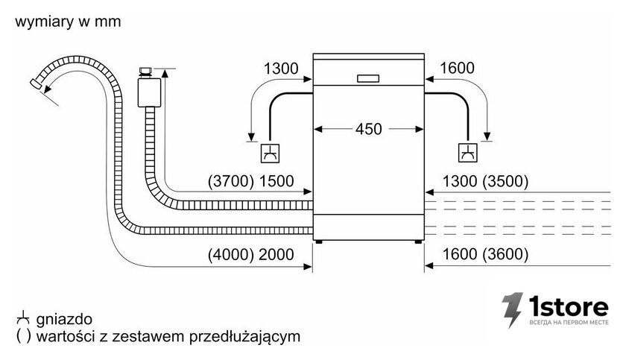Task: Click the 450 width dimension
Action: [x=368, y=129]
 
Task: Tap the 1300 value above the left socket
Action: [x=281, y=69]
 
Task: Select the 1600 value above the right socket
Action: [x=457, y=69]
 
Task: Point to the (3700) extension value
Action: [x=231, y=181]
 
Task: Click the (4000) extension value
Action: [x=231, y=254]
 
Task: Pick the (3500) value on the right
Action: [x=505, y=181]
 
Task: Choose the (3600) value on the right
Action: [x=505, y=254]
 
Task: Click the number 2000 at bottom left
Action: [x=276, y=254]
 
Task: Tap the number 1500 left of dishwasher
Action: [x=276, y=181]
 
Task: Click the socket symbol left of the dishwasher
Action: [x=270, y=154]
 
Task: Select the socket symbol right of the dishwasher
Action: [x=467, y=153]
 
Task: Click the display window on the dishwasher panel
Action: [x=368, y=78]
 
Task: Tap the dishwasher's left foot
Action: [x=318, y=241]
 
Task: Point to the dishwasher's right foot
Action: [x=417, y=241]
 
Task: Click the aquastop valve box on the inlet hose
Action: [x=149, y=92]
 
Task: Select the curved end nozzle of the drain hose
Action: [x=37, y=83]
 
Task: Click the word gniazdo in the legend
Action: [x=64, y=319]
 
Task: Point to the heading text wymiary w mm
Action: [x=68, y=22]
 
